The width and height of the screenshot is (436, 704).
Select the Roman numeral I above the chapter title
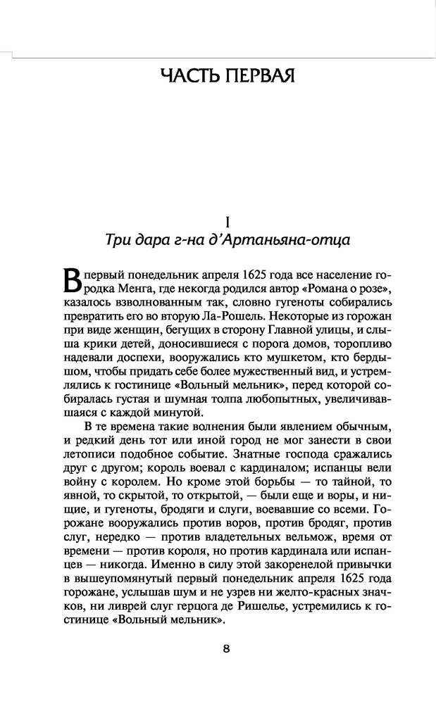(218, 219)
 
